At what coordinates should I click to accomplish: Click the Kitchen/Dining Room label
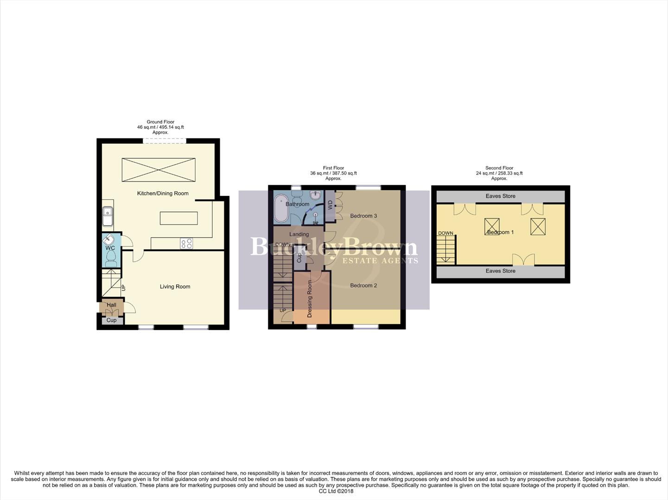(x=163, y=193)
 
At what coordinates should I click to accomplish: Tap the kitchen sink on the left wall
(x=107, y=216)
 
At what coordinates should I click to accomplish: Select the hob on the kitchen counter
(x=186, y=244)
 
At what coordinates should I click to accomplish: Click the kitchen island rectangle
(x=178, y=218)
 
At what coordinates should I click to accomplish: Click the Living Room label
(x=175, y=287)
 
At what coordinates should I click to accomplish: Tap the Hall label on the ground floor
(x=111, y=305)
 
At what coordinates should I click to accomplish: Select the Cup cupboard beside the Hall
(x=111, y=320)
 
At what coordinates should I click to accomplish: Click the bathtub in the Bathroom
(x=281, y=209)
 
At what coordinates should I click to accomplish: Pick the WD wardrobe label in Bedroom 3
(x=330, y=204)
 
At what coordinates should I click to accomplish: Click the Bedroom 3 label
(x=363, y=216)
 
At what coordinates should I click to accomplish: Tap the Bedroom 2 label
(x=363, y=285)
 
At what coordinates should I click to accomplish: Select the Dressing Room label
(x=310, y=299)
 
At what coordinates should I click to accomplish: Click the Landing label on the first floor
(x=299, y=234)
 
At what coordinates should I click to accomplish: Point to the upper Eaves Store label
(x=500, y=196)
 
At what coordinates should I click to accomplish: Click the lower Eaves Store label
(x=500, y=271)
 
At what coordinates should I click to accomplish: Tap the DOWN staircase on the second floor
(x=446, y=249)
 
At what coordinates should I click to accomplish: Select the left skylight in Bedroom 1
(x=492, y=226)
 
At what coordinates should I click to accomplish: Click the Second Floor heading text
(x=499, y=168)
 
